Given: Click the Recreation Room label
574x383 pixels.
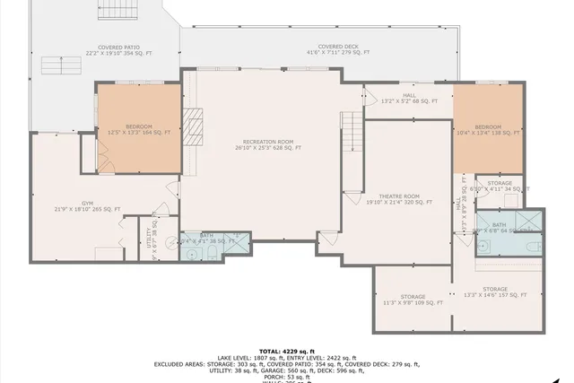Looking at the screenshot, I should click(x=267, y=144).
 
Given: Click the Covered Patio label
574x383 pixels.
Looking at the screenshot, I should click(x=118, y=49).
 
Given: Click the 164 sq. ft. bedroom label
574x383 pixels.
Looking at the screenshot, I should click(x=138, y=129).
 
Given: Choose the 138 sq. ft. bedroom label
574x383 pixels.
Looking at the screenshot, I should click(x=488, y=129).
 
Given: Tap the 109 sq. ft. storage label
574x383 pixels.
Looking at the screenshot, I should click(x=413, y=300).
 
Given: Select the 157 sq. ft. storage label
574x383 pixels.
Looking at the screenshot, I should click(x=494, y=292).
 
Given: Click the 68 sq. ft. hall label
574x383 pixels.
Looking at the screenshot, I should click(x=409, y=98).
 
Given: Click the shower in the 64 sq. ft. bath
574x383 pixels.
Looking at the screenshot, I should click(x=528, y=220).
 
